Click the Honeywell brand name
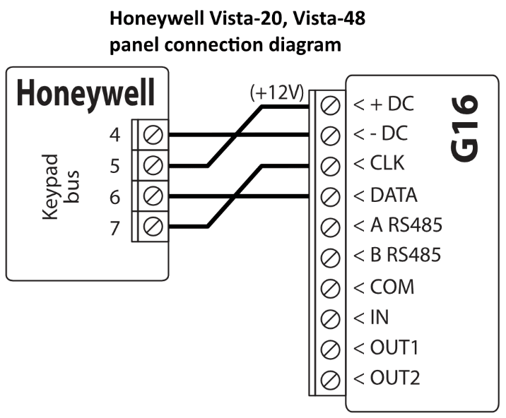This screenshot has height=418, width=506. (x=86, y=93)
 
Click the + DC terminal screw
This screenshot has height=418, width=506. (x=328, y=105)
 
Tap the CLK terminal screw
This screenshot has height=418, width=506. (x=328, y=166)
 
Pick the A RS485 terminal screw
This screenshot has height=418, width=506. (x=328, y=227)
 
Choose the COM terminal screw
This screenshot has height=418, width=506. (x=328, y=287)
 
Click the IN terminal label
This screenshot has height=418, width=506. (x=373, y=317)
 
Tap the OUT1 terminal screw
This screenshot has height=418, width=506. (x=328, y=348)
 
